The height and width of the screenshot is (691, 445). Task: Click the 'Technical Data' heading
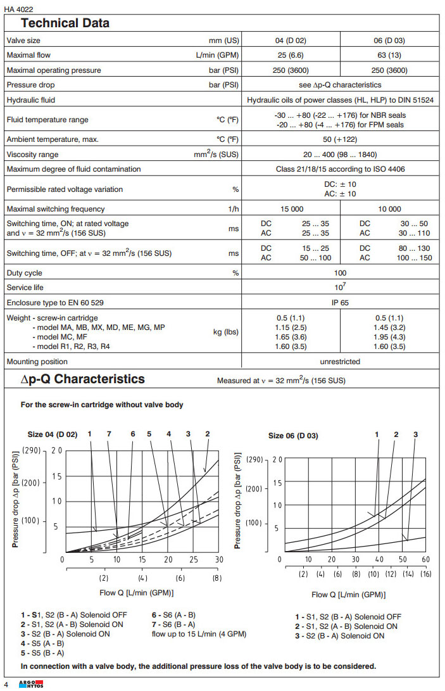tap(65, 23)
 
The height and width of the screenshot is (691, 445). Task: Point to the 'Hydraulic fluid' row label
tap(31, 100)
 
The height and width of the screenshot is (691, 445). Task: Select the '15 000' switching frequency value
tap(291, 209)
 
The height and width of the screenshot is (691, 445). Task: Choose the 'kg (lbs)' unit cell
tap(226, 332)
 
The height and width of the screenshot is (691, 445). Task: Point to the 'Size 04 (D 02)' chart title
tap(53, 434)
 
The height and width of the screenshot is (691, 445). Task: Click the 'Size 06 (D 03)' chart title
tap(293, 436)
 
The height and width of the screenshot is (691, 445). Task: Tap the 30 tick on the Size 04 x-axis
tap(219, 559)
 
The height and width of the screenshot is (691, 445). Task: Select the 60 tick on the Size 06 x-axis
tap(425, 559)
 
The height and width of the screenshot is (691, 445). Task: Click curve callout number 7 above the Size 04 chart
tap(109, 433)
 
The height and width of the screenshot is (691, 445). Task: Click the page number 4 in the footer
tap(6, 684)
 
